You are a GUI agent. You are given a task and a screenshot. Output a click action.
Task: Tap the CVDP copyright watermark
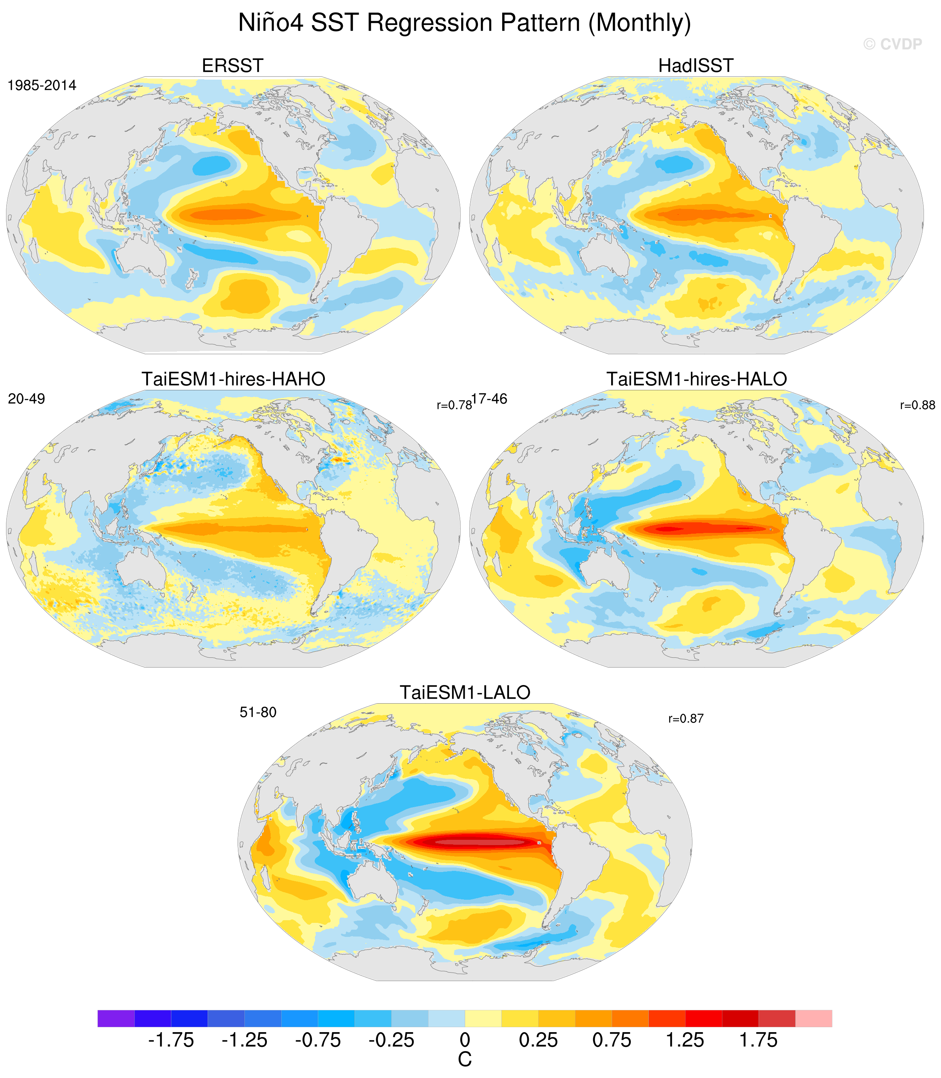(893, 44)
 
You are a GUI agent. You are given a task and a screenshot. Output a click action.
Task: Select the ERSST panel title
(233, 66)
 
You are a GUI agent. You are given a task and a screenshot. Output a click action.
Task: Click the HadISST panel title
(696, 66)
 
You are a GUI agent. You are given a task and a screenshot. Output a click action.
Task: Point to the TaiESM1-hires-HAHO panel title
(233, 379)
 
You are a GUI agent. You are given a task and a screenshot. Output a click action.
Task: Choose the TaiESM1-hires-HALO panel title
(697, 379)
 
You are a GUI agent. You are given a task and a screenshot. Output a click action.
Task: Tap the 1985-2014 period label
(42, 86)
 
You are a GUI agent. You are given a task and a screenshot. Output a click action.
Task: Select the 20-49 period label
(27, 399)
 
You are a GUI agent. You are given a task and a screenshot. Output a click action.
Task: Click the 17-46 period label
(489, 399)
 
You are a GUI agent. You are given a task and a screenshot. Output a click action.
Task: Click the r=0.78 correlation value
(454, 405)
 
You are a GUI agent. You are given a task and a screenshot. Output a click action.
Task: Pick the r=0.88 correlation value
(918, 405)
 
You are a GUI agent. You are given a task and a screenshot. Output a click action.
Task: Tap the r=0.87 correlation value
(686, 718)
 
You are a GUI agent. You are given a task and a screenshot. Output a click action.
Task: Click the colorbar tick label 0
(465, 1040)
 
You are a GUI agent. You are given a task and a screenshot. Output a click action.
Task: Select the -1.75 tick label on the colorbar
(171, 1040)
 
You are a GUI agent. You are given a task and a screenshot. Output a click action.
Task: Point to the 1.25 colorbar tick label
(685, 1040)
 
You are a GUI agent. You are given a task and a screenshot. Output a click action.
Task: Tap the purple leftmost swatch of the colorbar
(116, 1018)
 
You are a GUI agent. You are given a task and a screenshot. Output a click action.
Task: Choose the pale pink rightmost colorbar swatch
(813, 1018)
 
